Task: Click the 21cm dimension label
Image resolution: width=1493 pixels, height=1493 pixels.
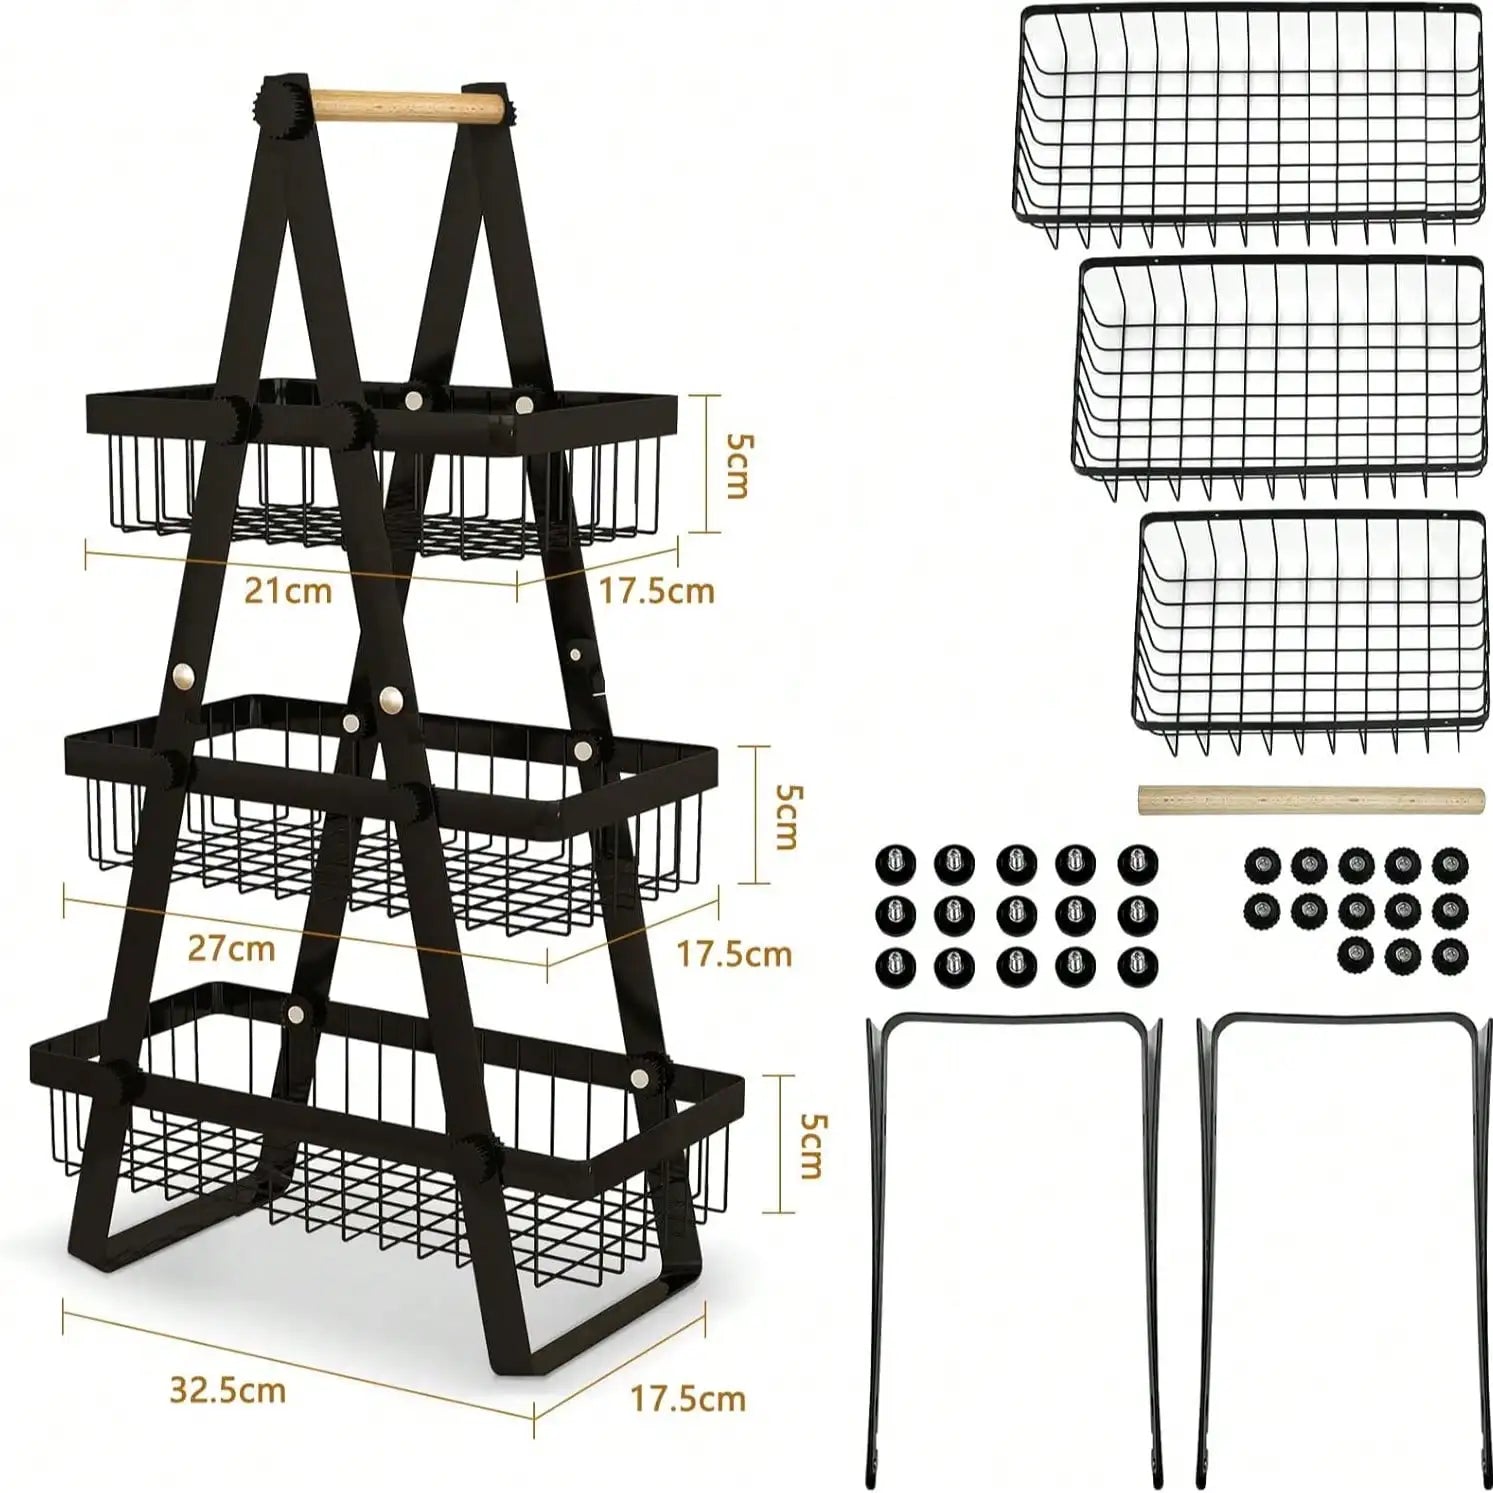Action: pos(289,590)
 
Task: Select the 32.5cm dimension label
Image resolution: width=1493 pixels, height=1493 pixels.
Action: pos(228,1390)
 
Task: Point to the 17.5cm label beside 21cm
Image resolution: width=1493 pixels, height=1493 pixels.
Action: pos(657,591)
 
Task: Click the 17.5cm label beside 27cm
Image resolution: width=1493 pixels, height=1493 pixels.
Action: pos(734,954)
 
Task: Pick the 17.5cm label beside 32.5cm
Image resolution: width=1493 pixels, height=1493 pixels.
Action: pos(688,1397)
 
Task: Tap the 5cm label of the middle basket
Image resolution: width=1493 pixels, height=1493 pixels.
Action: pos(787,817)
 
